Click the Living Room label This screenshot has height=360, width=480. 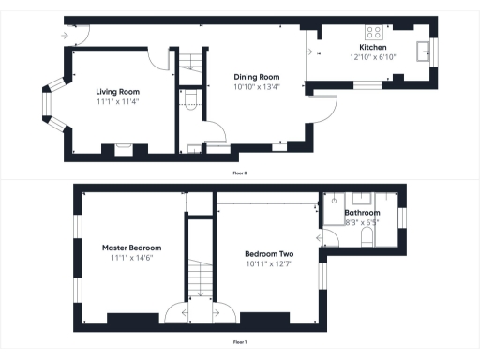(118, 92)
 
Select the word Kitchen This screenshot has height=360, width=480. (373, 46)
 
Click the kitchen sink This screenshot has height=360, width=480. (424, 49)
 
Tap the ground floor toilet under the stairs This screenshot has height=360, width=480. (189, 102)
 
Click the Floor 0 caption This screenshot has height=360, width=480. (240, 173)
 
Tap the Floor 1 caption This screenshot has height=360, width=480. (240, 342)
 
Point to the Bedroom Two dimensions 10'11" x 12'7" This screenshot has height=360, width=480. (269, 263)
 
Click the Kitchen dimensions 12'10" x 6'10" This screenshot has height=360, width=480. (373, 56)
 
